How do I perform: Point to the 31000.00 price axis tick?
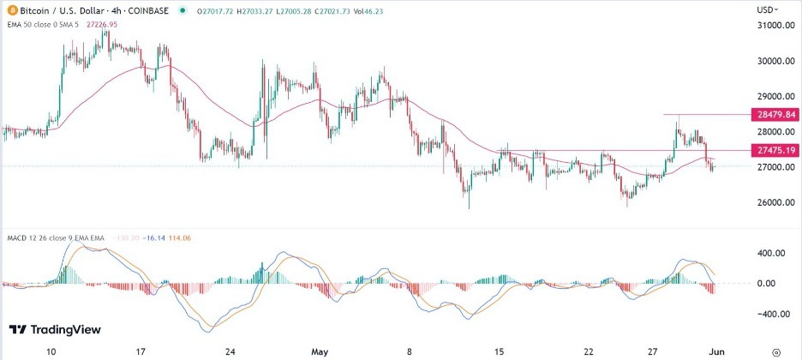coord(773,27)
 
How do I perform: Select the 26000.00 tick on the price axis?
coord(773,203)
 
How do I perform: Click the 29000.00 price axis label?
coord(773,97)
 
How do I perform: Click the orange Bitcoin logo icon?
coord(10,10)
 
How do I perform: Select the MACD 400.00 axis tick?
coord(770,254)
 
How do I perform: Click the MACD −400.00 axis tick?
coord(769,315)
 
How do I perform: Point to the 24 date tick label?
coord(229,351)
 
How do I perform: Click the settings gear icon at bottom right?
coord(775,351)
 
